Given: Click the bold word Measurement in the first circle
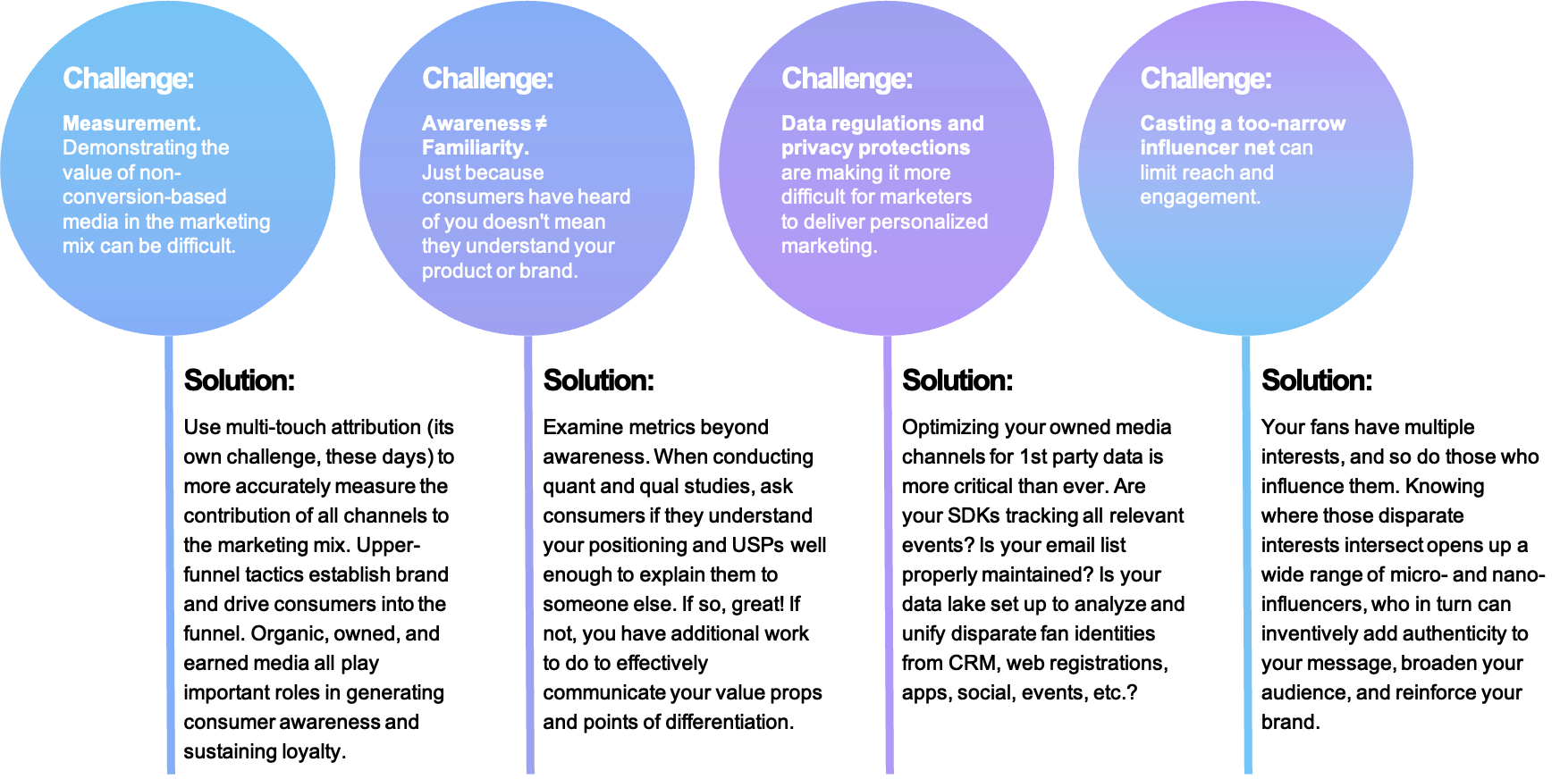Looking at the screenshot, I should click(x=131, y=123).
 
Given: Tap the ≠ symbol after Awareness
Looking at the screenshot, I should click(x=541, y=123).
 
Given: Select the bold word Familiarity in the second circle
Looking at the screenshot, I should click(x=474, y=147).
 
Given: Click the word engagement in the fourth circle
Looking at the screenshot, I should click(x=1199, y=197).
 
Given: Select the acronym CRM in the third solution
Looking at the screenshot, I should click(x=972, y=663).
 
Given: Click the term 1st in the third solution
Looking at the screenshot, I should click(x=1033, y=457).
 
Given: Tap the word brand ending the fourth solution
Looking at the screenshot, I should click(x=1288, y=722).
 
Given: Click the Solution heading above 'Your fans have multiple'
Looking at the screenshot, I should click(x=1316, y=381).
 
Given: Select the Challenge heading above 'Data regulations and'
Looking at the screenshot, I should click(x=847, y=79).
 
